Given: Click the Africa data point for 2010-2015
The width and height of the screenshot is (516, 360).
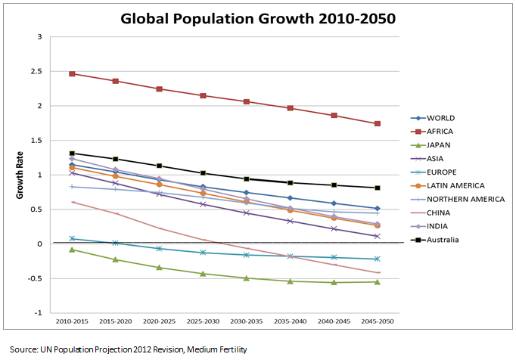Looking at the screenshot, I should click(72, 74).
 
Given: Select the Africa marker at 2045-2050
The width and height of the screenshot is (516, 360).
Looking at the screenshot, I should click(378, 124).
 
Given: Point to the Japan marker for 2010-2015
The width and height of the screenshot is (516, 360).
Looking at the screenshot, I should click(72, 250).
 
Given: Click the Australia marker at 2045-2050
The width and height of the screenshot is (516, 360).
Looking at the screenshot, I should click(378, 188).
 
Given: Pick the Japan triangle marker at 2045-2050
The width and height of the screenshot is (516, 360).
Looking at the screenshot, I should click(378, 282).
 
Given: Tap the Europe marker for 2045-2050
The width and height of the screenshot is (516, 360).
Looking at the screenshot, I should click(378, 259).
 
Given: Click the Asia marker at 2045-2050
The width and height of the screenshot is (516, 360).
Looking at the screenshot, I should click(378, 236).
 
